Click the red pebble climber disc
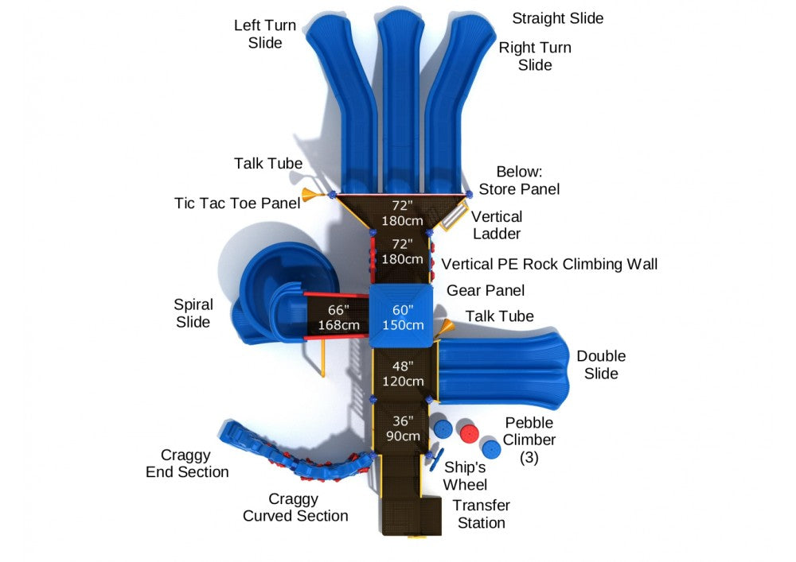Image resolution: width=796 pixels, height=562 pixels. click(x=469, y=434)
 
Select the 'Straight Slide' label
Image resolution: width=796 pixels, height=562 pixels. click(x=557, y=18)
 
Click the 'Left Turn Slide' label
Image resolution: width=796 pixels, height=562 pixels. click(x=264, y=34)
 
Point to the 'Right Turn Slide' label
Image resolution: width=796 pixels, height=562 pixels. click(x=535, y=56)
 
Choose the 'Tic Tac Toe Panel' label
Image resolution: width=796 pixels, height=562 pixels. click(x=237, y=203)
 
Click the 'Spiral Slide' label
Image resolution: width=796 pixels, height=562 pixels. click(x=193, y=313)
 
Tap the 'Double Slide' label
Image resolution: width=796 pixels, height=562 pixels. click(x=601, y=365)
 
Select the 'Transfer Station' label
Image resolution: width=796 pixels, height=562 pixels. click(x=481, y=514)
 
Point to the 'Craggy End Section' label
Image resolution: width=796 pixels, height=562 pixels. click(x=187, y=463)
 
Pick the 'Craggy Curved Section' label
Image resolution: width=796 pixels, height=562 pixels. click(x=295, y=507)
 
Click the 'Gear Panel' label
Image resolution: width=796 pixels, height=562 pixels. click(x=486, y=291)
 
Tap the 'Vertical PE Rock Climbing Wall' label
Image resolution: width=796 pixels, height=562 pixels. click(x=549, y=264)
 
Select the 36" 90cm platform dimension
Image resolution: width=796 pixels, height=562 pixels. click(x=402, y=428)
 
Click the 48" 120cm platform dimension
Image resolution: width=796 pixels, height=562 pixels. click(x=402, y=374)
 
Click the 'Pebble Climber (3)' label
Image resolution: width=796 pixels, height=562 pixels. click(x=529, y=440)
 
